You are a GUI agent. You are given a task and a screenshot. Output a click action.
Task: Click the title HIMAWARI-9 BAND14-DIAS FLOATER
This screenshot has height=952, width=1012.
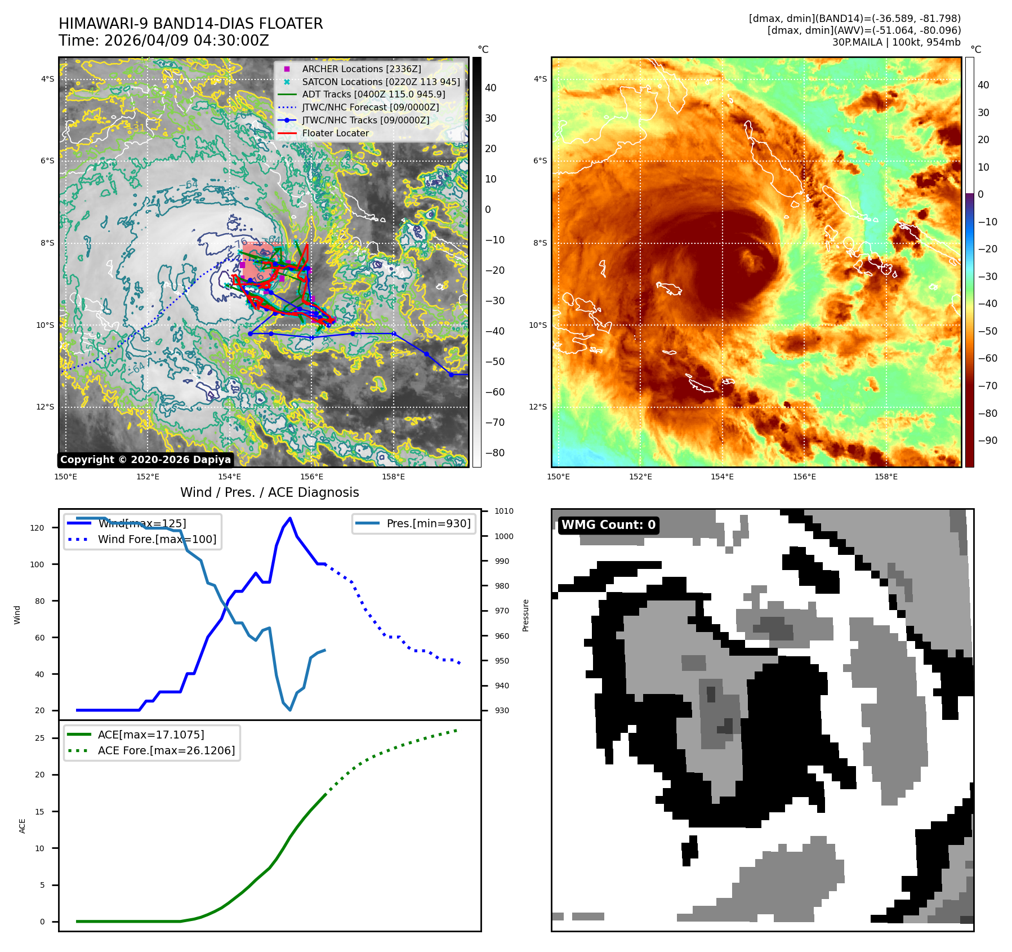pyautogui.click(x=190, y=24)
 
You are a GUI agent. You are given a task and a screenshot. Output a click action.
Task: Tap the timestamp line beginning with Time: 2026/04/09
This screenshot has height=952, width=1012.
pyautogui.click(x=164, y=41)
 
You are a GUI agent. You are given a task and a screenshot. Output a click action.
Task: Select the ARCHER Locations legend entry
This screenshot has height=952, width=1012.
pyautogui.click(x=361, y=69)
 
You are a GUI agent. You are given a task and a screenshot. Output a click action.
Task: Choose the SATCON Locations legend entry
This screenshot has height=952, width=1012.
pyautogui.click(x=381, y=82)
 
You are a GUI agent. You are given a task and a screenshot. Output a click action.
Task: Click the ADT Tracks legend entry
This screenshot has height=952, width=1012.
pyautogui.click(x=373, y=95)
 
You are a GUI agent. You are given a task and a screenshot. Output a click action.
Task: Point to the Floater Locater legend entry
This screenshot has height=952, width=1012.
pyautogui.click(x=335, y=134)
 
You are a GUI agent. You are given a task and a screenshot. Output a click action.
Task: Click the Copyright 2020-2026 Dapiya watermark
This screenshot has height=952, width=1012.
pyautogui.click(x=145, y=460)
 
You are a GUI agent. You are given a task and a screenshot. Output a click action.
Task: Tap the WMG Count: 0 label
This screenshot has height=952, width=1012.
pyautogui.click(x=608, y=525)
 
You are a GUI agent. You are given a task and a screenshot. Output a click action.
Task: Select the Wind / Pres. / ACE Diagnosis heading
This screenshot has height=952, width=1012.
pyautogui.click(x=269, y=492)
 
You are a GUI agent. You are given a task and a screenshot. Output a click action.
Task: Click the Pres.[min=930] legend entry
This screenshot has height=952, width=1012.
pyautogui.click(x=428, y=523)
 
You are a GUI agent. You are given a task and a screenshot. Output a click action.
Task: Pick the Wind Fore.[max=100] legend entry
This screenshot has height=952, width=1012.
pyautogui.click(x=157, y=539)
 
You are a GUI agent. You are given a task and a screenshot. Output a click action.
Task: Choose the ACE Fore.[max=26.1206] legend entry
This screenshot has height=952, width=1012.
pyautogui.click(x=166, y=750)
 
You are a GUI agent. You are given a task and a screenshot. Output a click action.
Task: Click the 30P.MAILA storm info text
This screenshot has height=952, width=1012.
pyautogui.click(x=896, y=42)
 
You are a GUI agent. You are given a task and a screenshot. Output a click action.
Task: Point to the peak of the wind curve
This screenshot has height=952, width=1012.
pyautogui.click(x=290, y=518)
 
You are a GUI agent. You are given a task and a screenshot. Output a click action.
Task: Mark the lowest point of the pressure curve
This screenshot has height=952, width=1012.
pyautogui.click(x=290, y=710)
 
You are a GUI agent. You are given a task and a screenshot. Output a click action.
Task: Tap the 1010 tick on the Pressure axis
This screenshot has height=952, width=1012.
pyautogui.click(x=504, y=511)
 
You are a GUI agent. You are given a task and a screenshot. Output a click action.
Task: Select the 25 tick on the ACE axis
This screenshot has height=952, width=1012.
pyautogui.click(x=39, y=738)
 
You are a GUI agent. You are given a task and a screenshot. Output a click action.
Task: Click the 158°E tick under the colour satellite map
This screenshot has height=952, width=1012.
pyautogui.click(x=886, y=477)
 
